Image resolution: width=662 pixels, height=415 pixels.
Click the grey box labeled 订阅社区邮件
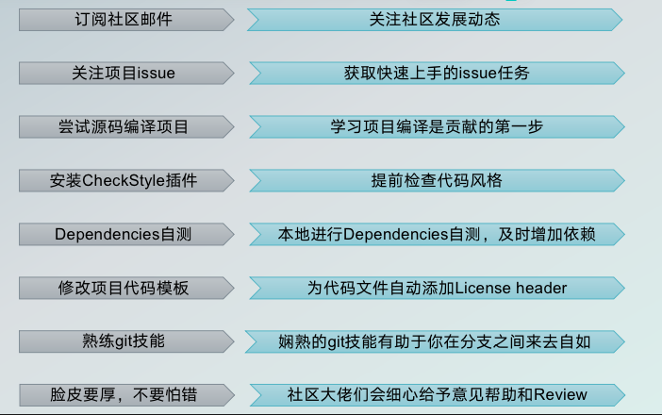coord(123,19)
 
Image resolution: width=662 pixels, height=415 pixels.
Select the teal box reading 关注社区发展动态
coord(435,19)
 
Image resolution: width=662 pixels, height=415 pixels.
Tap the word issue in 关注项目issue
coord(156,73)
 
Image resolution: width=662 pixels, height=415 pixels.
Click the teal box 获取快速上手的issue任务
coord(435,73)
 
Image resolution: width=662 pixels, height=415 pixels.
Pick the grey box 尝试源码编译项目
coord(123,126)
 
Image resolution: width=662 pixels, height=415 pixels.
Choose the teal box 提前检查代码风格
coord(435,180)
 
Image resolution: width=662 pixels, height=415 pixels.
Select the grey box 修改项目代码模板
coord(123,288)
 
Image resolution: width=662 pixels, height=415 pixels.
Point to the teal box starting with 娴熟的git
coord(435,341)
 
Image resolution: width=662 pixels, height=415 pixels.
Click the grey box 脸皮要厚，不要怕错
coord(123,394)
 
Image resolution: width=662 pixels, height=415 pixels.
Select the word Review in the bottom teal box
coord(561,394)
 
